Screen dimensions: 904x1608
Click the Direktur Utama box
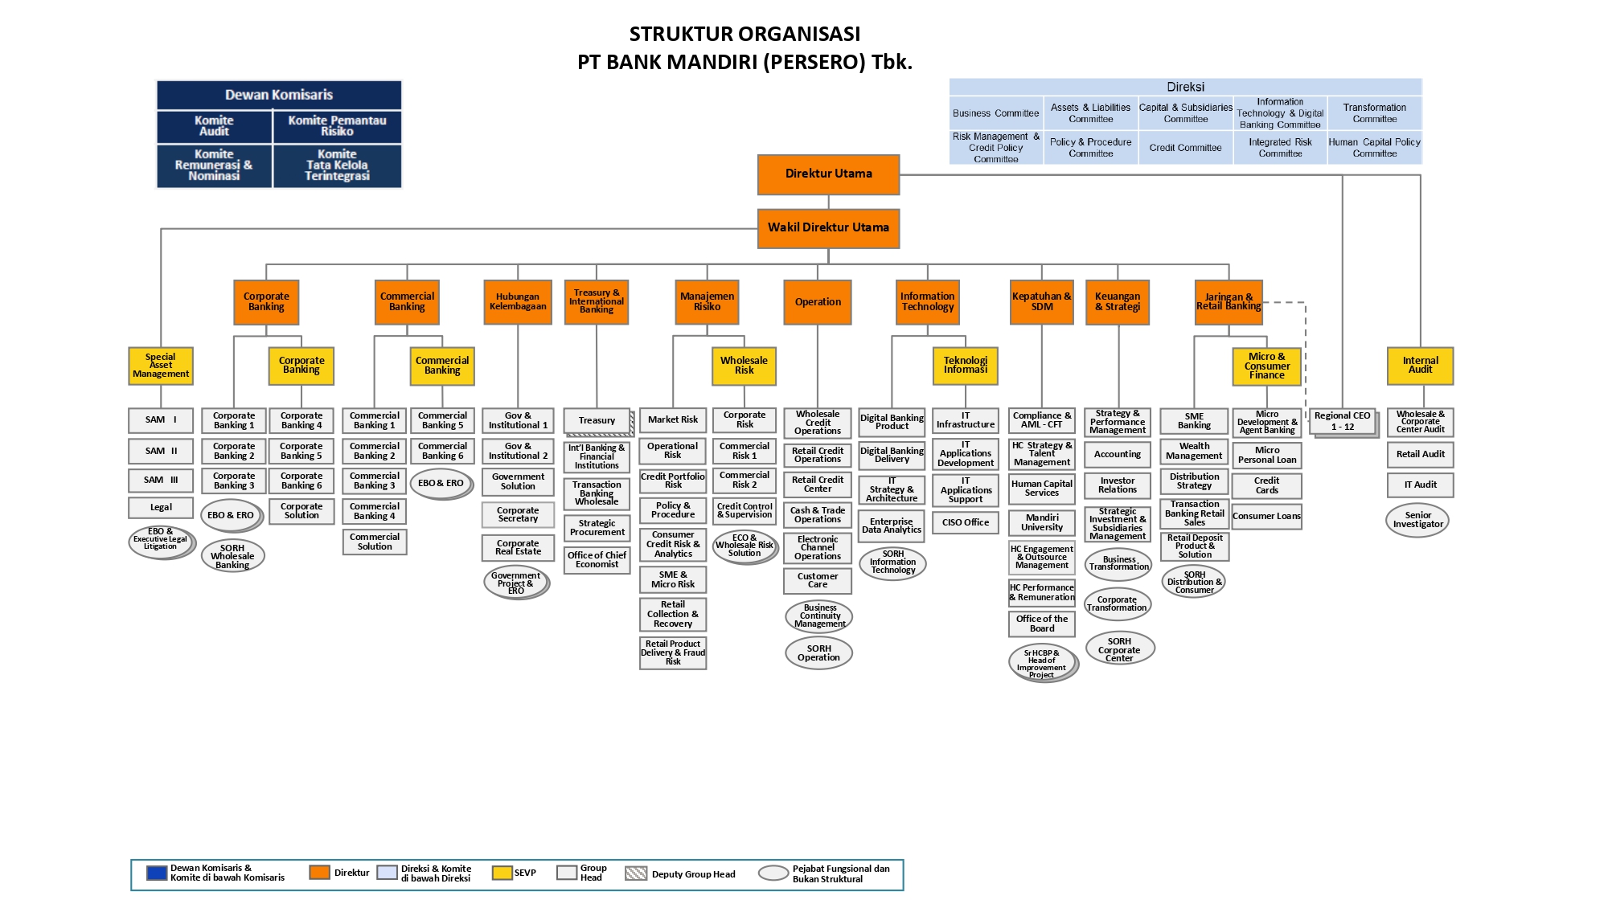(828, 174)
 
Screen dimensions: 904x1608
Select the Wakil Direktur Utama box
(828, 228)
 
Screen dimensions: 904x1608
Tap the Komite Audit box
(214, 126)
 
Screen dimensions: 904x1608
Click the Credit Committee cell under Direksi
(1185, 148)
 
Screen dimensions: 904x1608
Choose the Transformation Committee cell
(1374, 113)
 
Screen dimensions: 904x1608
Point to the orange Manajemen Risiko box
(707, 302)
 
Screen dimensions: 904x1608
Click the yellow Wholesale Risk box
(744, 366)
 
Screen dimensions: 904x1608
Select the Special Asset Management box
(161, 366)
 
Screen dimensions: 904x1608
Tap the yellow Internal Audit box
(1420, 366)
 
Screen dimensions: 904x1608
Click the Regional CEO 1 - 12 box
(1342, 421)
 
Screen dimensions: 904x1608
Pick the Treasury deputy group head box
(597, 420)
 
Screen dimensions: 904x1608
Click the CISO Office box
(965, 522)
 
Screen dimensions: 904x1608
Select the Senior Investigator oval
(1417, 521)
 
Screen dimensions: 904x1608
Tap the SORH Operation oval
(818, 652)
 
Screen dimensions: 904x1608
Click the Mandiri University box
(1041, 522)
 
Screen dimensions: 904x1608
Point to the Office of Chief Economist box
(597, 560)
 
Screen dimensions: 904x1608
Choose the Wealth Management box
(1194, 451)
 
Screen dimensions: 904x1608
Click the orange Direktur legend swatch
(320, 873)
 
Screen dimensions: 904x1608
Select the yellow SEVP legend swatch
(503, 873)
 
